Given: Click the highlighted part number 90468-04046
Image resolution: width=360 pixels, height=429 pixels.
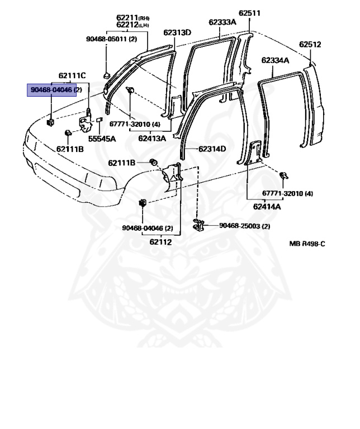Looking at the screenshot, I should pos(52,90).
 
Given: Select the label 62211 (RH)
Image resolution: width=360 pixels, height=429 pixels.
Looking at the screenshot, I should pos(131,17).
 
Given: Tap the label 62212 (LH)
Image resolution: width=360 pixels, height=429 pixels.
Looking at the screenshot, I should pos(131,25).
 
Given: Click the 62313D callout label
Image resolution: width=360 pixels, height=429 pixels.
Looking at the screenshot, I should pos(177,32).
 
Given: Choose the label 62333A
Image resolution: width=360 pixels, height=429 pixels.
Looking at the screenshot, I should pos(222,22).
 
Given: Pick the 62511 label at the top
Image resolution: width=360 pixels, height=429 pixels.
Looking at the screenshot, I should pos(249,13).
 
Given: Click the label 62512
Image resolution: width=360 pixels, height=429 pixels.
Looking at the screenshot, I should pos(310,44).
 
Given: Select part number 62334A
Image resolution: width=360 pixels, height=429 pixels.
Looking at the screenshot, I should pos(275,60).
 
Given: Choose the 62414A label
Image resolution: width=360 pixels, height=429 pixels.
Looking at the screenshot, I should pos(267,207).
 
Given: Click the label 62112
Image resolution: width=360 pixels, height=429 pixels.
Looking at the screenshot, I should pos(160,242).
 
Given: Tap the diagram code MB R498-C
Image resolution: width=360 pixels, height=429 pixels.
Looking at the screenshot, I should pos(306,244).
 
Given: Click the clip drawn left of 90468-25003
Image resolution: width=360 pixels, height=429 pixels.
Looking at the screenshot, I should pos(198,226).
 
